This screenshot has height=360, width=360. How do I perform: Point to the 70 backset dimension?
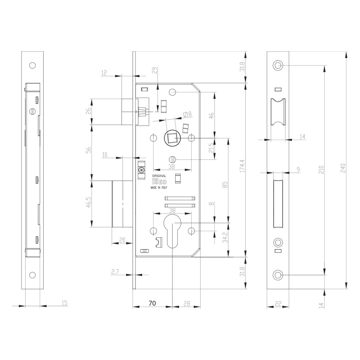coord(152,303)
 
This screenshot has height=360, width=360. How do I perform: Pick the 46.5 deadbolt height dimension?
coord(89,202)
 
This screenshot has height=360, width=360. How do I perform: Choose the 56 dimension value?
coord(89,150)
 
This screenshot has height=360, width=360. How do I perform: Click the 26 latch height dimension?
coord(89,111)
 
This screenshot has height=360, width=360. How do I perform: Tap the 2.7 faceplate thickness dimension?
coord(115,272)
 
